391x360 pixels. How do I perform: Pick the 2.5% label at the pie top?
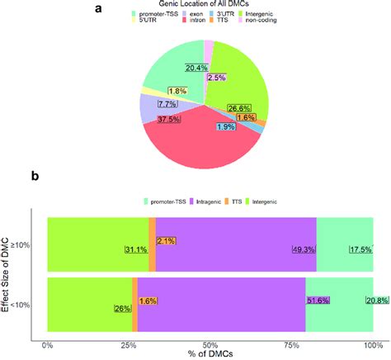(217, 78)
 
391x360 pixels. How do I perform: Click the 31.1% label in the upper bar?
(135, 250)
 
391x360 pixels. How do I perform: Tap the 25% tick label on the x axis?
(129, 344)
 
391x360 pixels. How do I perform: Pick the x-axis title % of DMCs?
(210, 354)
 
